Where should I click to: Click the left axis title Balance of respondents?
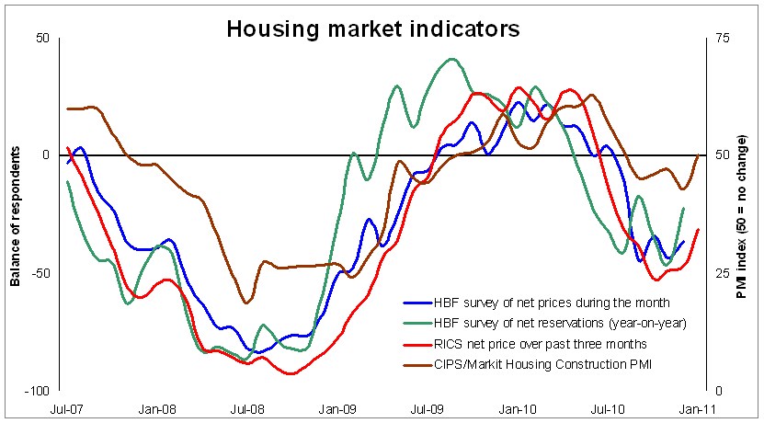point(16,215)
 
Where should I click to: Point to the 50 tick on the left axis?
point(42,39)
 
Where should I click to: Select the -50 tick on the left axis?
point(40,273)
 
